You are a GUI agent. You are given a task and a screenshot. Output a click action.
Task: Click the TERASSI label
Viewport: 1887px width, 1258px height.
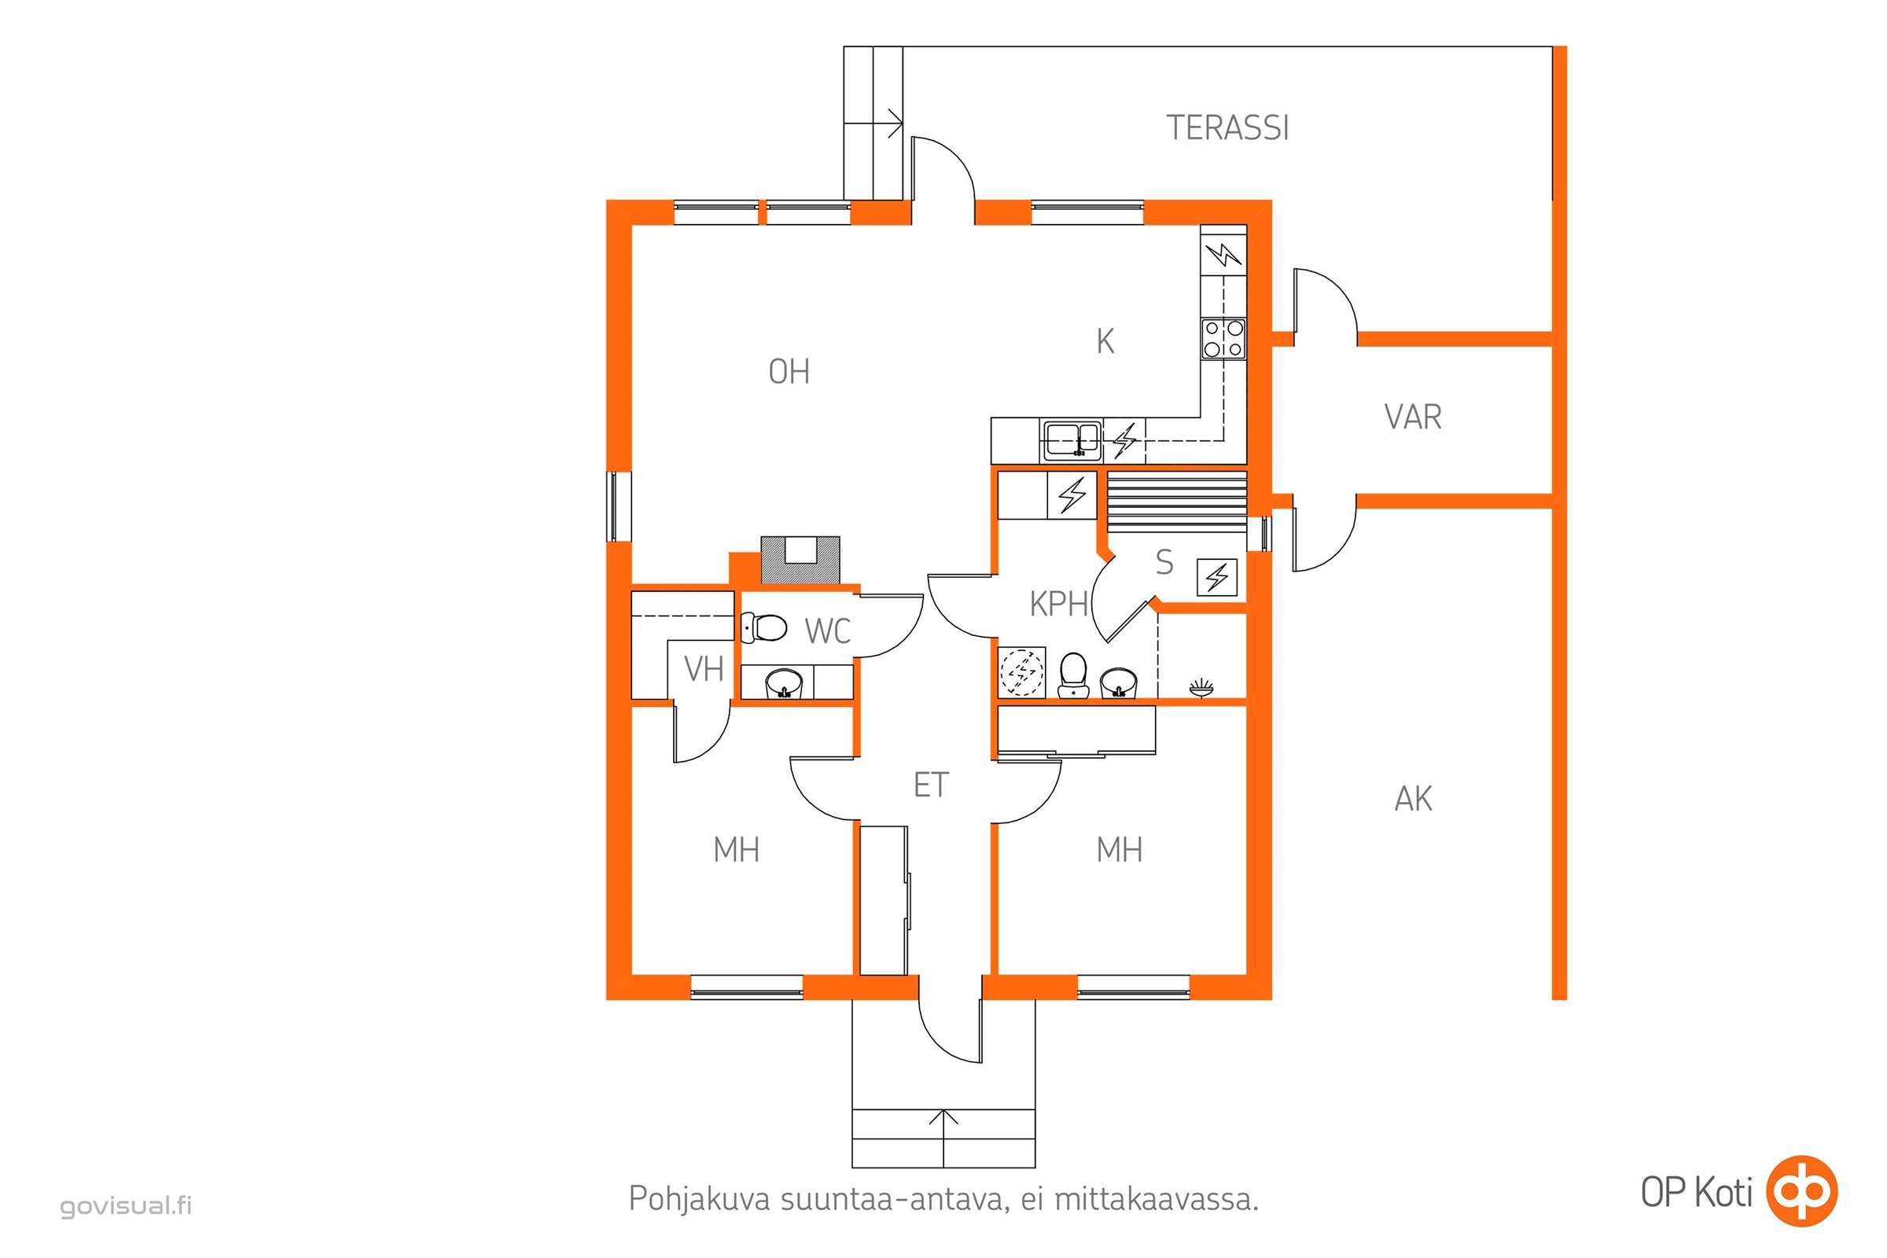click(x=1227, y=128)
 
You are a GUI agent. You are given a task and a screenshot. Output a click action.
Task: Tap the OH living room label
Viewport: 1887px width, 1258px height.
click(x=789, y=371)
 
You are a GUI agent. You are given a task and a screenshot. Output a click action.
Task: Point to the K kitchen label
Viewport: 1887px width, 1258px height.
click(x=1105, y=342)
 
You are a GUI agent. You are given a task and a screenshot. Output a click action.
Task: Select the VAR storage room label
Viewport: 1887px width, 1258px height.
click(x=1413, y=417)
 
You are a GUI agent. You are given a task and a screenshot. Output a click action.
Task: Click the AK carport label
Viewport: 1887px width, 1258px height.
click(x=1414, y=799)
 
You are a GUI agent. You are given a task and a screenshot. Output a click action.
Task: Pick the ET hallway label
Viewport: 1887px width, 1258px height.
click(x=931, y=785)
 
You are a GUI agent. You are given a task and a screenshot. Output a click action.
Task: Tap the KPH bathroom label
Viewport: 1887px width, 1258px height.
click(x=1059, y=604)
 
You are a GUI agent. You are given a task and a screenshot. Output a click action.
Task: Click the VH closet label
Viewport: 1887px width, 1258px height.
click(x=704, y=669)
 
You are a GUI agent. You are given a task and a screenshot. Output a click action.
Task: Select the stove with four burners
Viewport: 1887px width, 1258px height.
click(x=1223, y=339)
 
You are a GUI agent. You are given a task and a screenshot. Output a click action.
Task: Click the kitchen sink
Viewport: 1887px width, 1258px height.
click(x=1072, y=440)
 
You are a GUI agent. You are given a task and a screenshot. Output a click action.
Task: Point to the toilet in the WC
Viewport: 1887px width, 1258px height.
click(x=763, y=627)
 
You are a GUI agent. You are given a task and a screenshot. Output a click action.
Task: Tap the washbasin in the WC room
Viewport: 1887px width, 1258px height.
click(x=784, y=683)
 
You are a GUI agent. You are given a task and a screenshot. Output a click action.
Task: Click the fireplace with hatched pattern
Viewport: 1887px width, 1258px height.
click(x=800, y=560)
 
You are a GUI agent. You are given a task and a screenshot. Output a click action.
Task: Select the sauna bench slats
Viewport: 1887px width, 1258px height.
click(x=1177, y=502)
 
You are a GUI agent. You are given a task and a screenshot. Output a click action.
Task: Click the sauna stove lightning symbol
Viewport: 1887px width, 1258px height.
click(x=1217, y=577)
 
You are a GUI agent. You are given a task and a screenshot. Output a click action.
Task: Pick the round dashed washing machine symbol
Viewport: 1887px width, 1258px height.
click(x=1022, y=671)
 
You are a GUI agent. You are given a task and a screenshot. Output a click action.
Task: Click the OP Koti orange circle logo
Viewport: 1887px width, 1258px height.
click(x=1803, y=1191)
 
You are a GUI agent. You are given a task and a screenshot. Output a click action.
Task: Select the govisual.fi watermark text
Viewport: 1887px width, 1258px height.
click(x=126, y=1206)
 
